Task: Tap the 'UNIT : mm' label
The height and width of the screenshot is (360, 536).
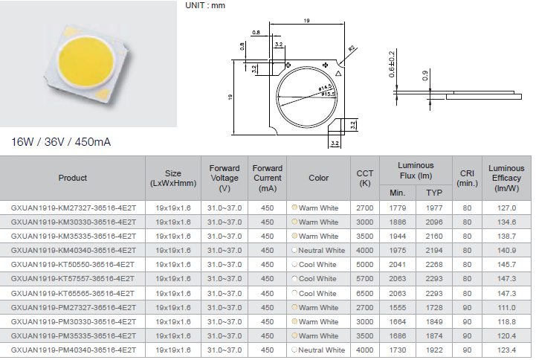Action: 205,5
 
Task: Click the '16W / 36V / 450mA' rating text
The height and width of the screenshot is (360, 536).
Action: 61,141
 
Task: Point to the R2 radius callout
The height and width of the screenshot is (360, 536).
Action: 352,48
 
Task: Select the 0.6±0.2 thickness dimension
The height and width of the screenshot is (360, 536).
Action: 392,64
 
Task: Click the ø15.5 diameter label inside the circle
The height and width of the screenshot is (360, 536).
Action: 328,94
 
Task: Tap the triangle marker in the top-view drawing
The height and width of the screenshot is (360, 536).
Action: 338,73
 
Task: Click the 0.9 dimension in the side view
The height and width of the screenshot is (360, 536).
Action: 425,75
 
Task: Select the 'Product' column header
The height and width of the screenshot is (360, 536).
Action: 72,178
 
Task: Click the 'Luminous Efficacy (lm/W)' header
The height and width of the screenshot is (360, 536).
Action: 506,178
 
